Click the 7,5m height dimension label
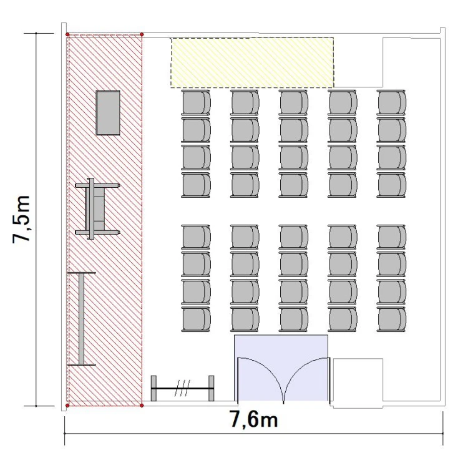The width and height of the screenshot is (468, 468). tap(21, 220)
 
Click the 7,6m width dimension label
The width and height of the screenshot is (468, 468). tap(254, 419)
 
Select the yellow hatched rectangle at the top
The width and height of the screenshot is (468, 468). tap(252, 62)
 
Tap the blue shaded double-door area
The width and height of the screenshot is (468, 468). tap(281, 368)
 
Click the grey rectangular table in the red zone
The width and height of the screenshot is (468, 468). tap(108, 113)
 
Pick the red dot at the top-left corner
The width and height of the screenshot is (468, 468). tap(67, 34)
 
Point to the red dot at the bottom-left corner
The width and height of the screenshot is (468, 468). tap(67, 406)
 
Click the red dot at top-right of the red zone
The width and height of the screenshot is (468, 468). tap(142, 34)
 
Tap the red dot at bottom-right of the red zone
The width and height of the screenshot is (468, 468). tap(142, 406)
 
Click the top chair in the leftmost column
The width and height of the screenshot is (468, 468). tap(196, 102)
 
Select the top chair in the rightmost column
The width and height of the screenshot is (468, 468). tap(391, 102)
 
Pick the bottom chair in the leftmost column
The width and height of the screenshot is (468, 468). tap(196, 319)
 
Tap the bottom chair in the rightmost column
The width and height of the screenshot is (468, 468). tap(391, 319)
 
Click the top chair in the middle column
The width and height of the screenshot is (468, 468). tap(293, 102)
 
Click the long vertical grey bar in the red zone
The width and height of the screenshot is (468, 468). tap(82, 318)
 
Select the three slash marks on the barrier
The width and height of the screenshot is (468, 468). tap(183, 388)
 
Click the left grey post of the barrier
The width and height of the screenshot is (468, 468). tap(154, 388)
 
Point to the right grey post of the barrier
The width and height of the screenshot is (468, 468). tap(212, 388)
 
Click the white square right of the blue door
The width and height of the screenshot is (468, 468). tap(358, 383)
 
